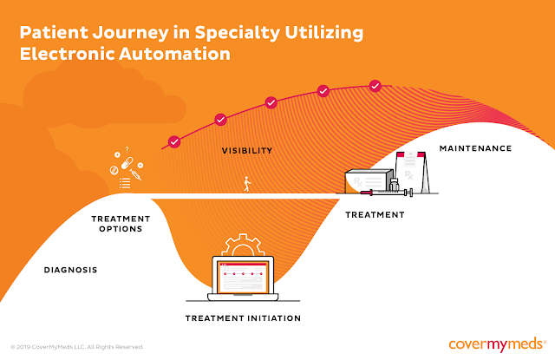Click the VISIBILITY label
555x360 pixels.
tap(247, 151)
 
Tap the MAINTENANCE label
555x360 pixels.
tap(475, 148)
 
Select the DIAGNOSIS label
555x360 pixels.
tap(70, 270)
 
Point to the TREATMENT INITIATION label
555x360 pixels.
tap(243, 318)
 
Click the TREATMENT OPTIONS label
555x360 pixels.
tap(121, 224)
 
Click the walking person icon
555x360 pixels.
tap(247, 184)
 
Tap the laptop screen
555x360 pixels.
tap(243, 278)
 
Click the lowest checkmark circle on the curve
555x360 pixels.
tap(174, 142)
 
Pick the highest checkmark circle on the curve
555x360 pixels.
tap(375, 86)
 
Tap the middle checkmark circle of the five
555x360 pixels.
tap(271, 102)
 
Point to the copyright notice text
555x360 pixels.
tap(77, 347)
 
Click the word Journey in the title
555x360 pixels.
tap(131, 33)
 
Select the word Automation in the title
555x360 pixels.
tap(174, 54)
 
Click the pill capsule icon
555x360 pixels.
tap(127, 163)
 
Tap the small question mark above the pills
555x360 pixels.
tap(127, 149)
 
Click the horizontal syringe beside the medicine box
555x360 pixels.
tap(387, 193)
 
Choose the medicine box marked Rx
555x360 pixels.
tap(369, 181)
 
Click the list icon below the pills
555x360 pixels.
tap(125, 183)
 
